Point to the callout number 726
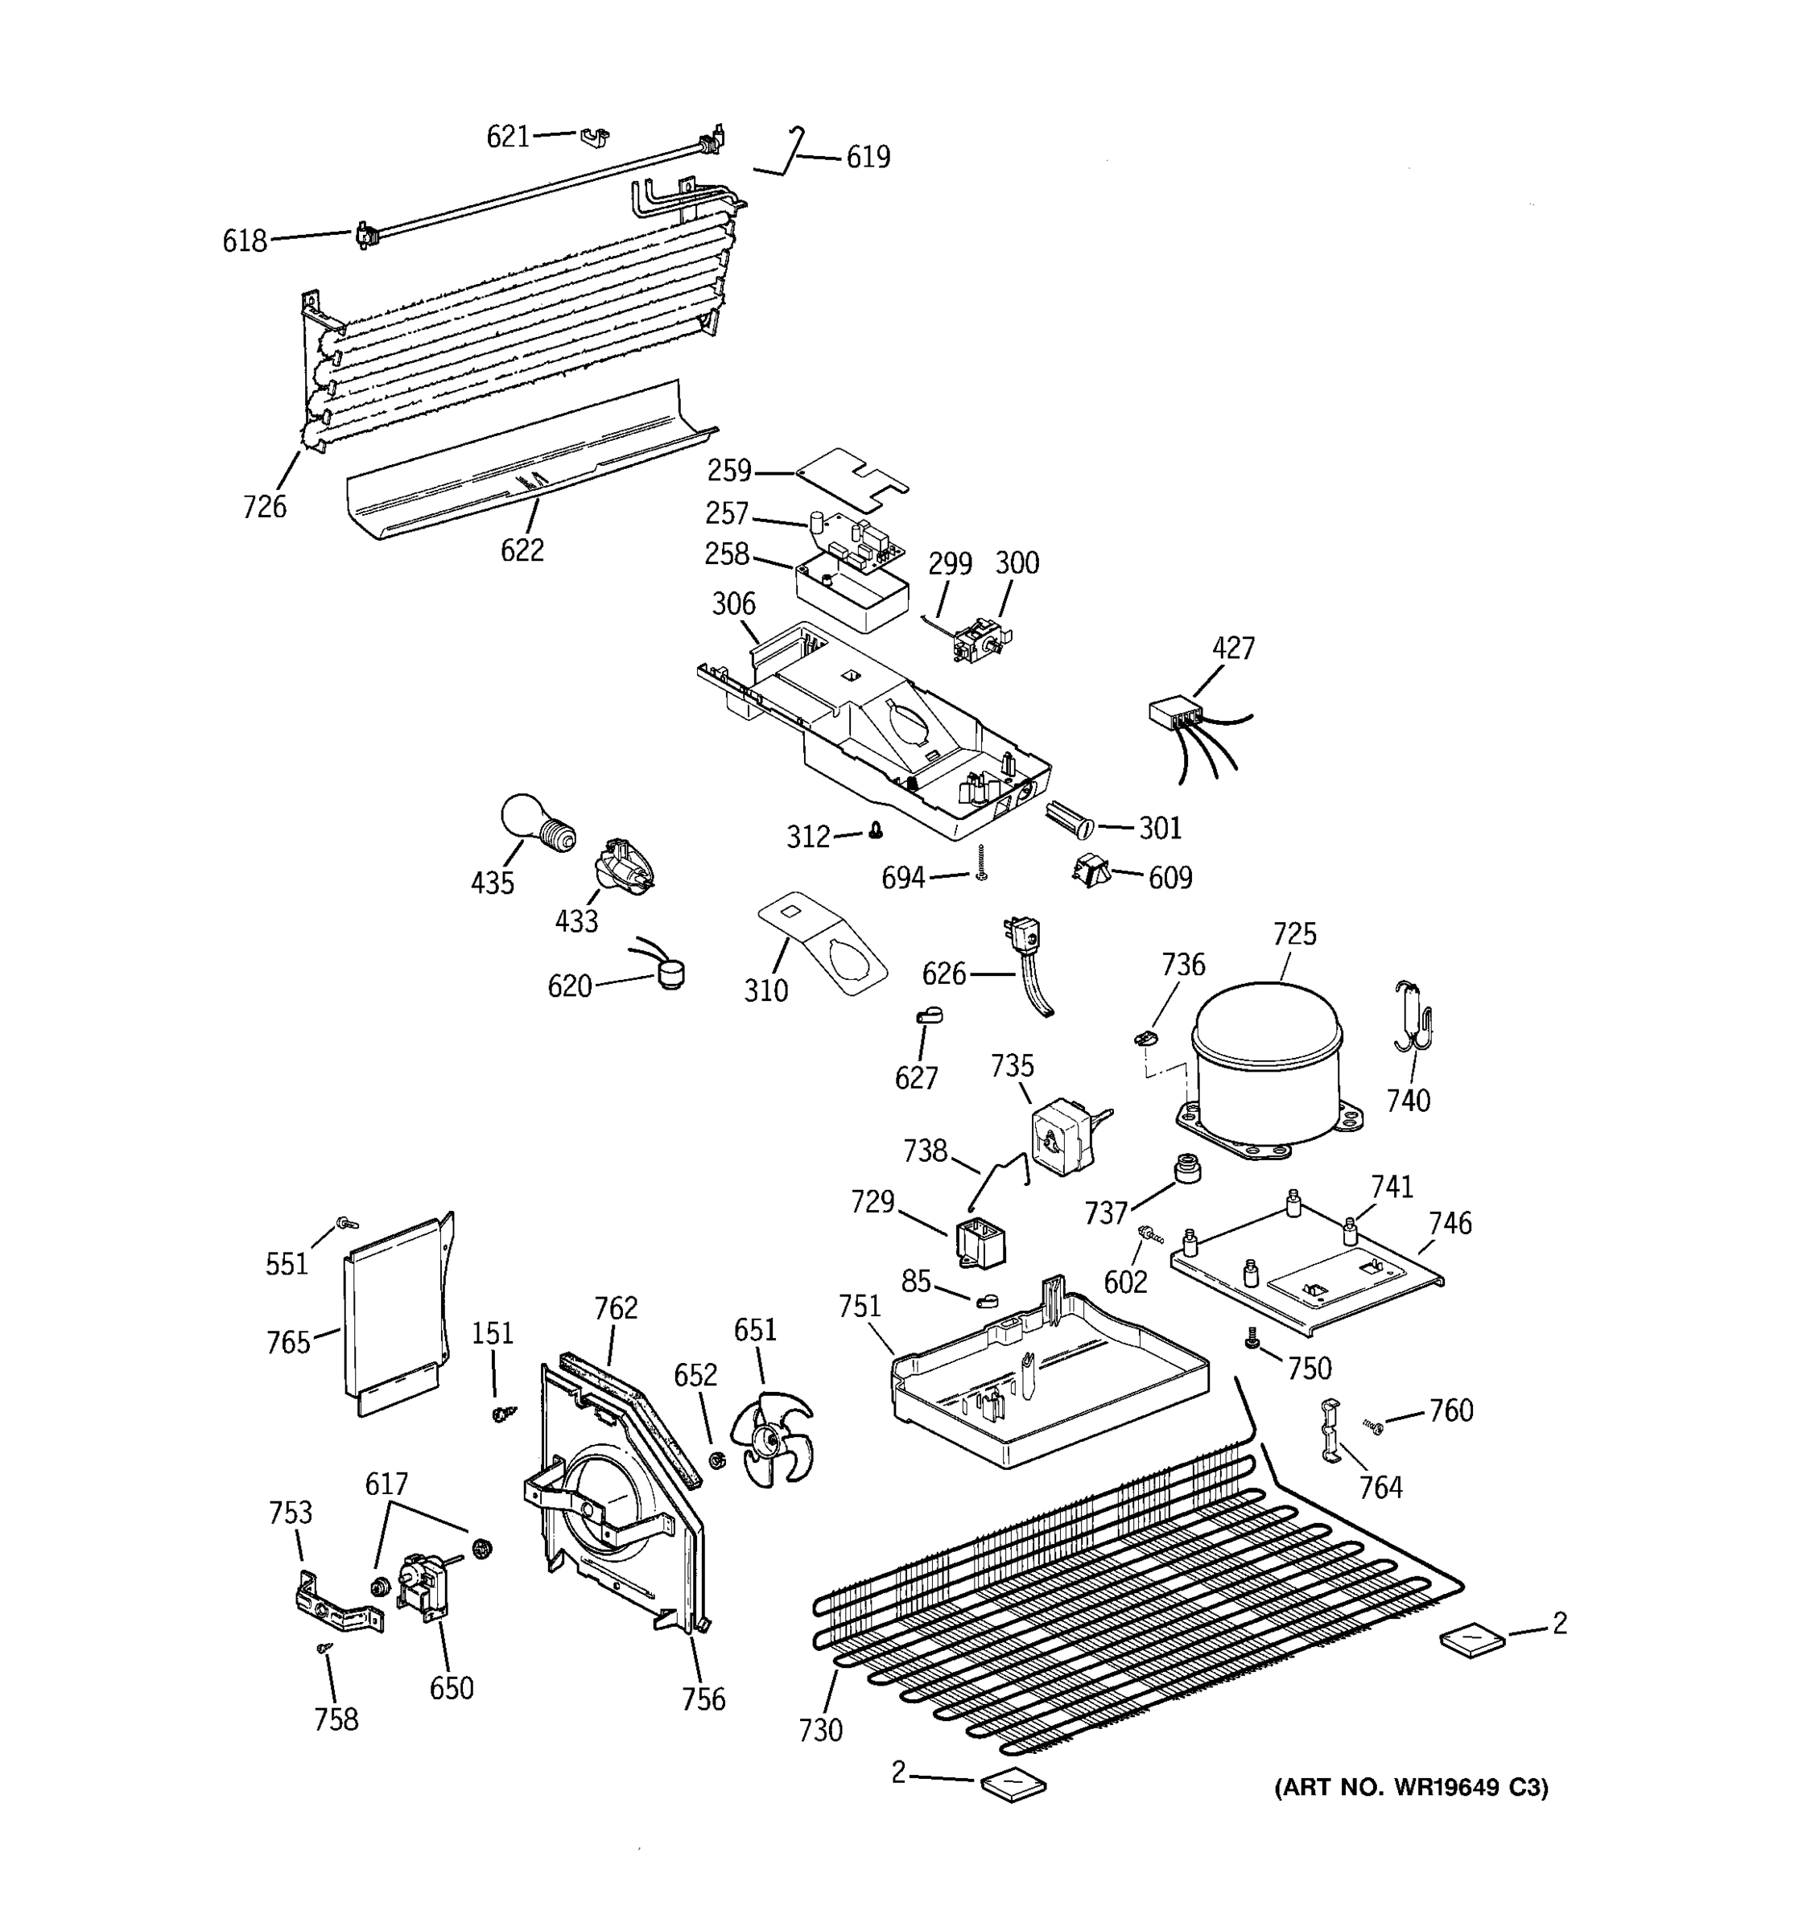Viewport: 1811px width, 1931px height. pyautogui.click(x=264, y=506)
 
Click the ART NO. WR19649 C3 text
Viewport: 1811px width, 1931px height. pyautogui.click(x=1411, y=1787)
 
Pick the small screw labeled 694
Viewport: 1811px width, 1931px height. pyautogui.click(x=981, y=863)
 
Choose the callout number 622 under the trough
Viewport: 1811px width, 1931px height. pyautogui.click(x=522, y=551)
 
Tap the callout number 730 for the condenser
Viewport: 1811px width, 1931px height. pyautogui.click(x=820, y=1730)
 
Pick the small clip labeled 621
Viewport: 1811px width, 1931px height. pyautogui.click(x=595, y=137)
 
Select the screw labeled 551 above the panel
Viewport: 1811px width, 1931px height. pyautogui.click(x=344, y=1224)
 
